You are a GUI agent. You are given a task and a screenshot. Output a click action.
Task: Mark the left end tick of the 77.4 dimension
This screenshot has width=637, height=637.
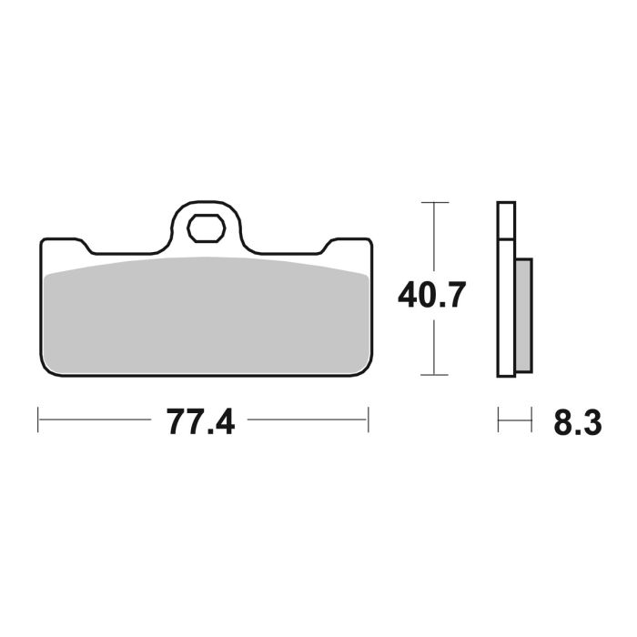[x=38, y=420]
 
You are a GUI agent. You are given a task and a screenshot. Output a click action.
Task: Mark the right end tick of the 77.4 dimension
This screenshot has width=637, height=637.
[x=368, y=420]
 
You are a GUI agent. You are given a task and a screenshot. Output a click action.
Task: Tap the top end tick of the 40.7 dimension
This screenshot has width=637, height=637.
[x=436, y=201]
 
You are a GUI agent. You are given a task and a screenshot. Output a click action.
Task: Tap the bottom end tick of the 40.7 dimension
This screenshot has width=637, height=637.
[x=436, y=375]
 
